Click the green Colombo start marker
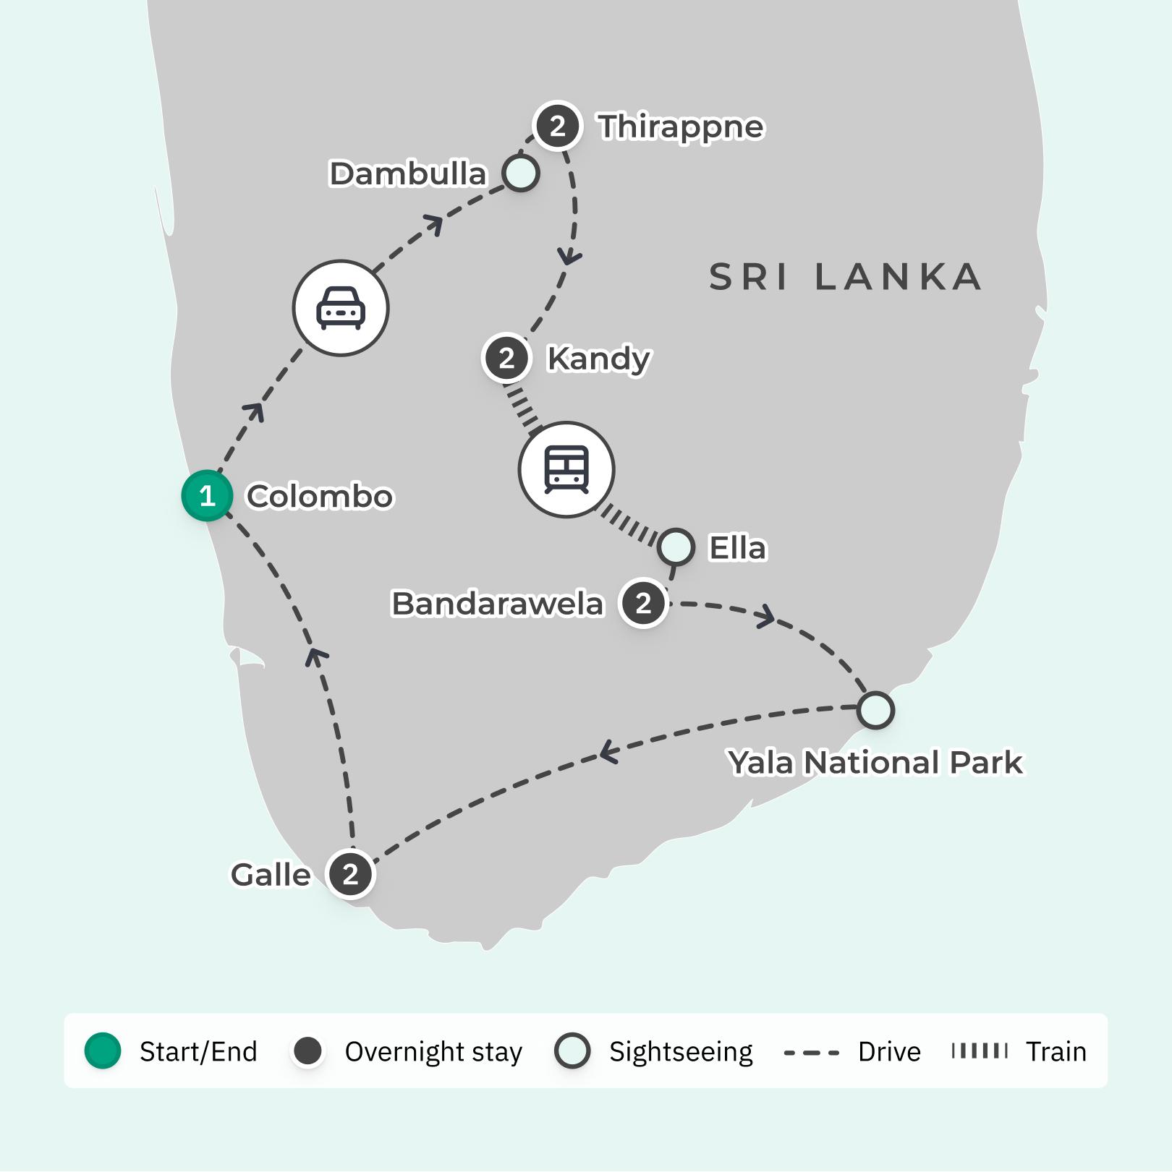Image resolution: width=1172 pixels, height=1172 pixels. (x=207, y=496)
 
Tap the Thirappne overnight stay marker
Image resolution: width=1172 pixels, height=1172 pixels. (x=557, y=127)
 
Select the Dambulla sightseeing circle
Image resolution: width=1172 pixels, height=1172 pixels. (x=521, y=174)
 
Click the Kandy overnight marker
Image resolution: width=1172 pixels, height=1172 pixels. (x=506, y=358)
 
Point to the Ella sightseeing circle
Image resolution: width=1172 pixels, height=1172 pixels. (x=676, y=547)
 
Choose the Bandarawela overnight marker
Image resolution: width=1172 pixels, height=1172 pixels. (x=643, y=603)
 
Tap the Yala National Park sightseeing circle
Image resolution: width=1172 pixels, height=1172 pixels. (x=875, y=710)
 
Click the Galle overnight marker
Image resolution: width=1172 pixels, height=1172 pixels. (x=350, y=874)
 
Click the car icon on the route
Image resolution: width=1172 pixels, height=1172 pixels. (x=341, y=308)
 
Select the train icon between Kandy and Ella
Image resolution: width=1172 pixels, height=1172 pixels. (x=566, y=469)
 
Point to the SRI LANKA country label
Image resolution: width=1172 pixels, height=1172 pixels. (x=845, y=278)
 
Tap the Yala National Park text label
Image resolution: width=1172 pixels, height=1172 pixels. (x=875, y=763)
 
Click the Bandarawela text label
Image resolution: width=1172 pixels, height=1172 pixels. (x=497, y=604)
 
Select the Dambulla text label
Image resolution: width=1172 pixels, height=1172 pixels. (x=407, y=174)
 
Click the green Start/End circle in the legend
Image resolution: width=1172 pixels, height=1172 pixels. (x=103, y=1051)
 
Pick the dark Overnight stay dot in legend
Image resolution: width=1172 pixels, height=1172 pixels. (x=308, y=1051)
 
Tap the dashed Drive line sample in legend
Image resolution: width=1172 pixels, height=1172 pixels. (x=812, y=1052)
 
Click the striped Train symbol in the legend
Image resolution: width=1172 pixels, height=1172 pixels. (x=980, y=1051)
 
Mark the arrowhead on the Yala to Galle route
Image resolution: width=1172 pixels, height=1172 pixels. (x=608, y=753)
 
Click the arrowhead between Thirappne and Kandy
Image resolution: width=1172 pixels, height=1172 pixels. (x=570, y=257)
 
